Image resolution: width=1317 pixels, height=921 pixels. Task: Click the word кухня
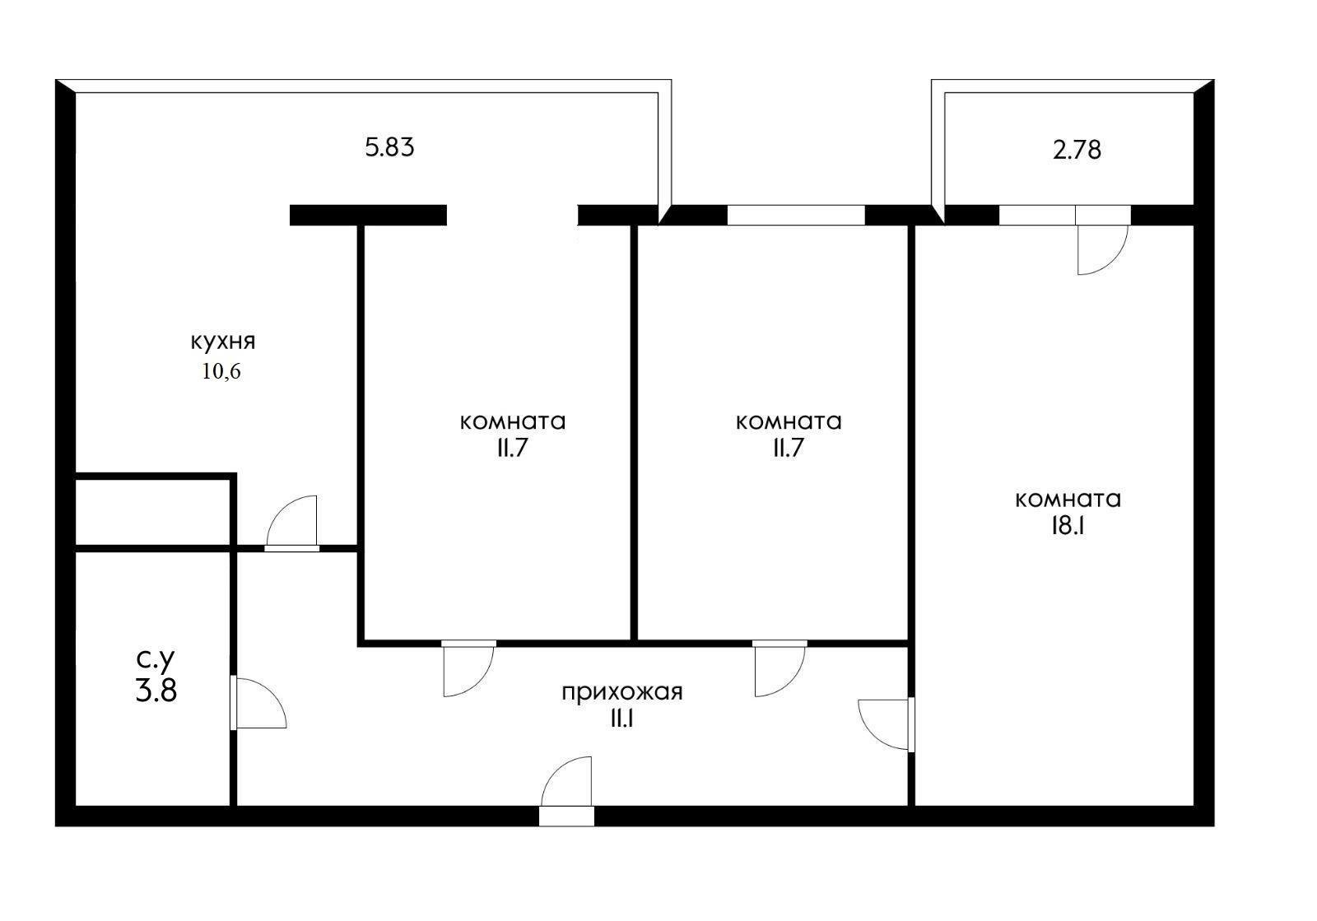coord(222,342)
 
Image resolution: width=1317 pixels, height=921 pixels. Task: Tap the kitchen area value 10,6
coord(221,372)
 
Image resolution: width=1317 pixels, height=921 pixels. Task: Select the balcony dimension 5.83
coord(389,148)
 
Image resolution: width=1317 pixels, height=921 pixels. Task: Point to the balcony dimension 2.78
coord(1077,151)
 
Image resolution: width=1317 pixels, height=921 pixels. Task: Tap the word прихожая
coord(621,692)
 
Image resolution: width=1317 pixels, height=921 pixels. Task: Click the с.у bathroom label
coord(156,659)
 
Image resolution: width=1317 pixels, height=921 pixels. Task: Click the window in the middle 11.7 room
coord(795,216)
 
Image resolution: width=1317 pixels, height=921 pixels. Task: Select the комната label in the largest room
coord(1068,500)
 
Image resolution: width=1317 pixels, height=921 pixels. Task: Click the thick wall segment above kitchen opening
coord(368,216)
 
